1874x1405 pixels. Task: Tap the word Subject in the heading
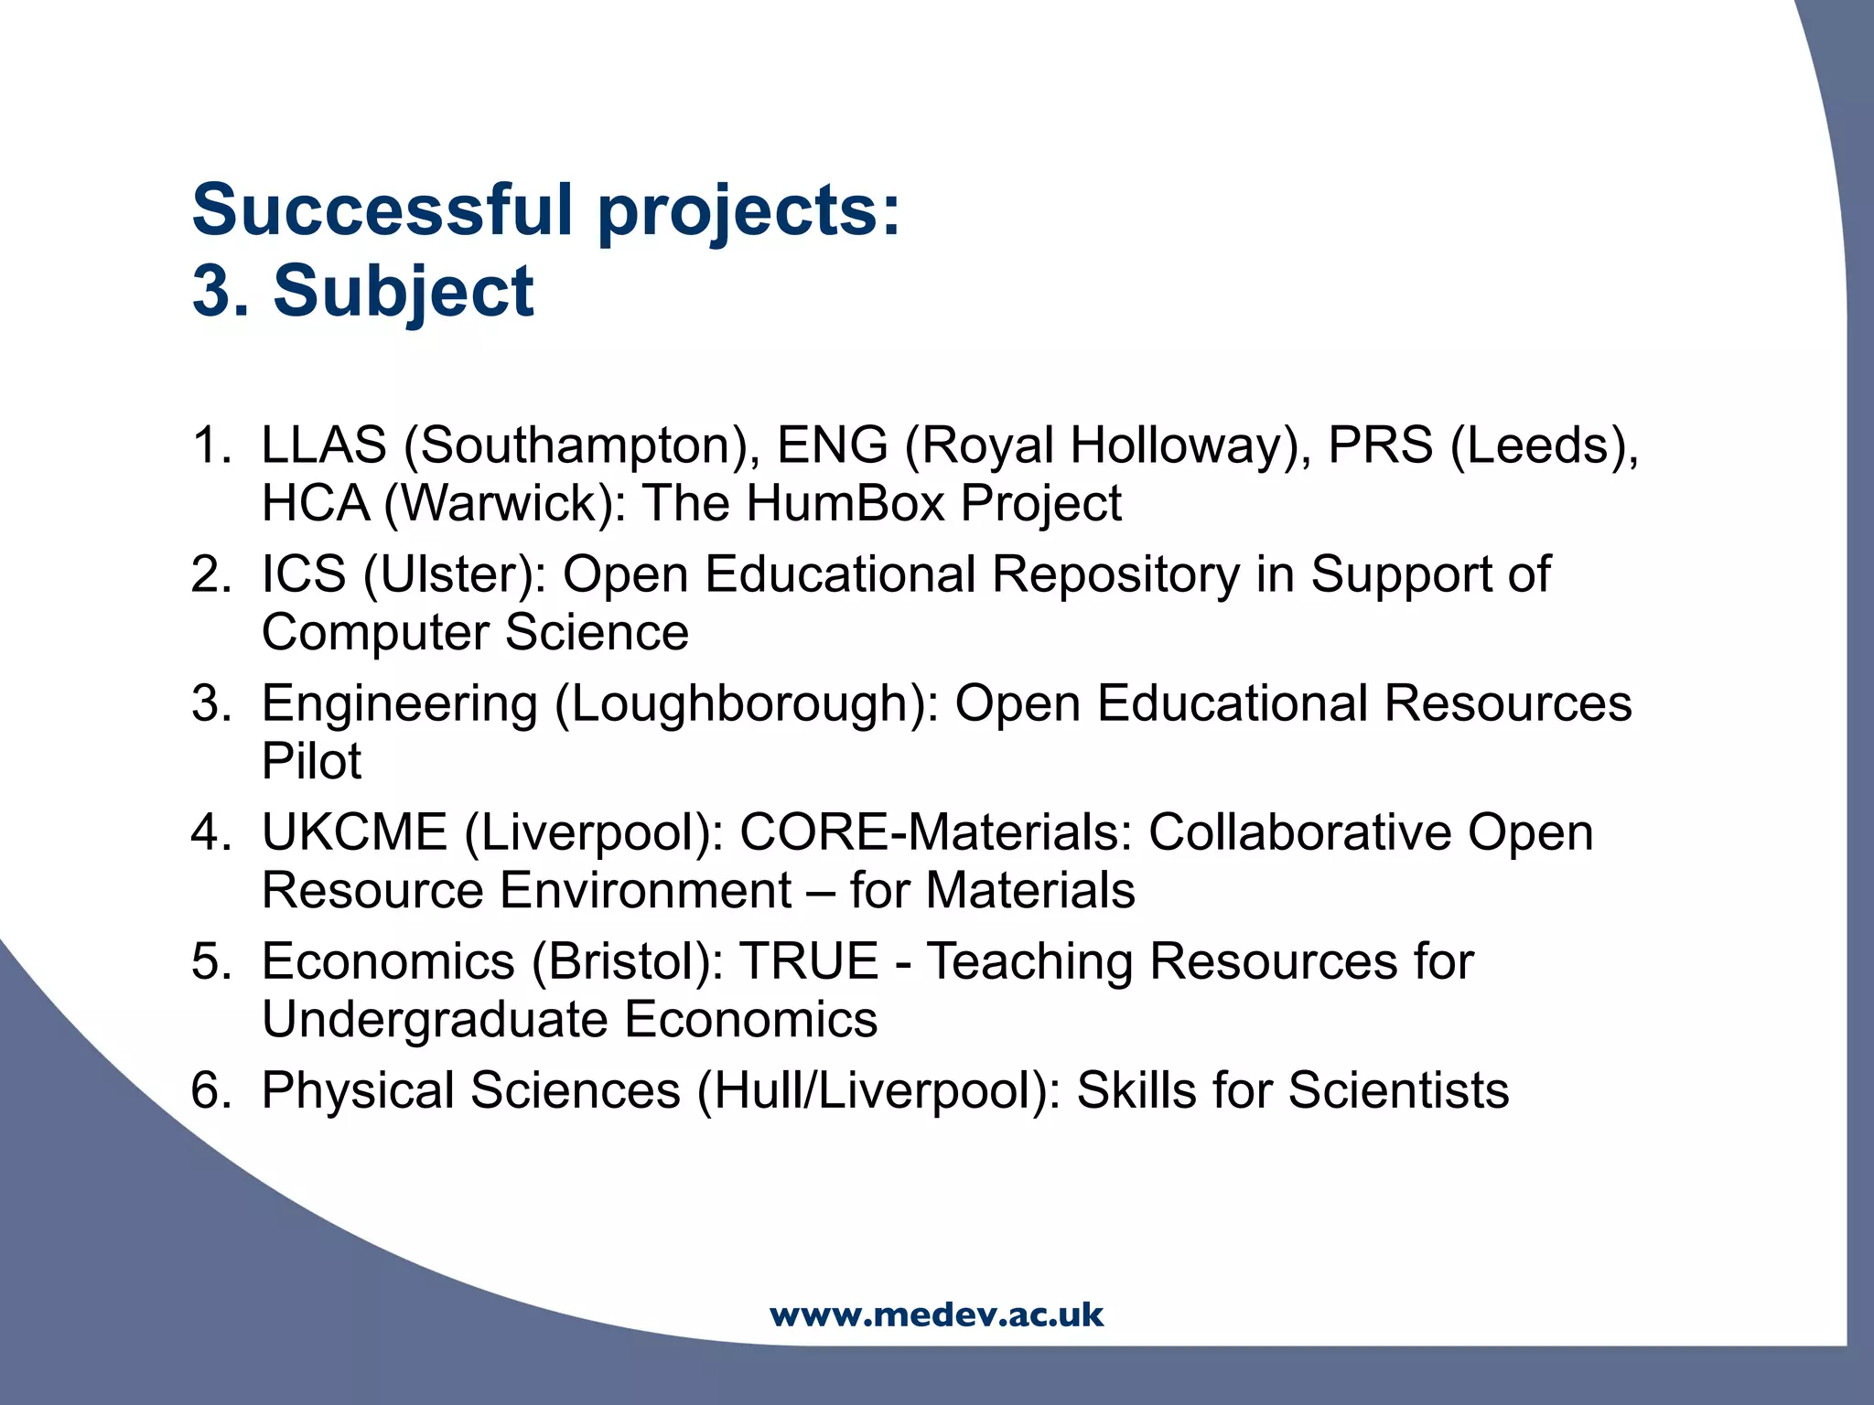tap(404, 291)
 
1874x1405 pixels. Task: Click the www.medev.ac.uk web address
tap(936, 1314)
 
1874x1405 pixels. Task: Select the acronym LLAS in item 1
tap(324, 445)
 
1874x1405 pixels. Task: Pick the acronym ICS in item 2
tap(303, 574)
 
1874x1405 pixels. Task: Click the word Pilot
tap(311, 761)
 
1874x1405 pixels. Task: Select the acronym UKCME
tap(354, 832)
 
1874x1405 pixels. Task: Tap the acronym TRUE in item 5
tap(809, 961)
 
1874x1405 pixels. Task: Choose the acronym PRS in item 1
tap(1380, 445)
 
